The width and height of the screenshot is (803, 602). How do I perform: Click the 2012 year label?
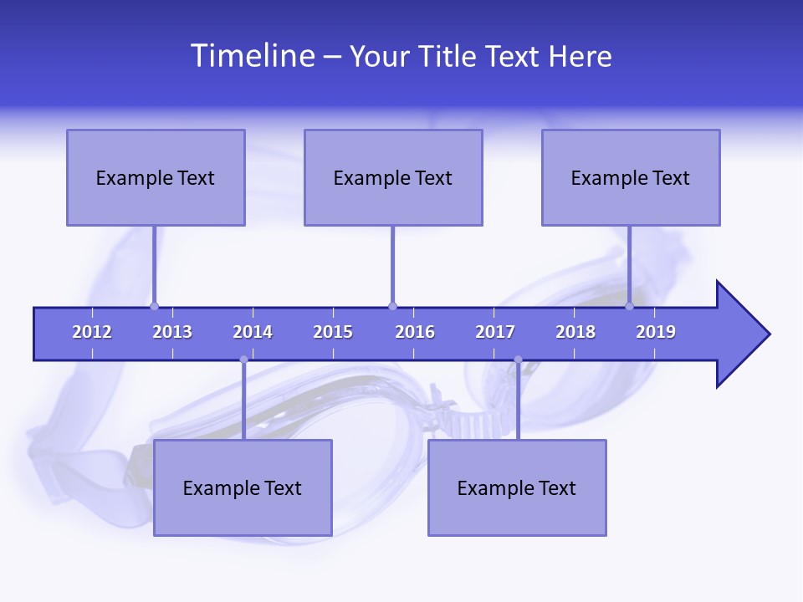[x=92, y=332]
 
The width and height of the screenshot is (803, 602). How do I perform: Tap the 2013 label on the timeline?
[x=172, y=332]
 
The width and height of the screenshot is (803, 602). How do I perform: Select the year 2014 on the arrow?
[x=253, y=332]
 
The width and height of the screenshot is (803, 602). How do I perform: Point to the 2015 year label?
[x=333, y=332]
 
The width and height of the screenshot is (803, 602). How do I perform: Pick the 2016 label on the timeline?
[x=415, y=332]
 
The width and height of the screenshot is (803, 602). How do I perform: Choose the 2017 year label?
[x=495, y=332]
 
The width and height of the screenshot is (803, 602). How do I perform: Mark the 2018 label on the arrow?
[x=575, y=332]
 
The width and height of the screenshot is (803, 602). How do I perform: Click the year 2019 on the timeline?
[x=656, y=332]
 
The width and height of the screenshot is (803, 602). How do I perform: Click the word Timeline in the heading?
[x=252, y=56]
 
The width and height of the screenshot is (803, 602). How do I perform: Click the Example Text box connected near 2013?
[x=156, y=177]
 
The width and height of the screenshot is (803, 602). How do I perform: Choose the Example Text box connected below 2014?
[x=243, y=487]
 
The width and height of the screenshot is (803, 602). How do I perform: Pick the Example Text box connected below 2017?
[x=517, y=487]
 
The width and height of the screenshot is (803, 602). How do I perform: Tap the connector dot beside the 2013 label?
[x=154, y=306]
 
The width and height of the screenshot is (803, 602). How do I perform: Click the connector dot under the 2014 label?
[x=243, y=360]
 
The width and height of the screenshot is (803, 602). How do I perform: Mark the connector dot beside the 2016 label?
[x=392, y=306]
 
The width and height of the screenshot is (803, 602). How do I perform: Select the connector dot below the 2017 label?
[x=518, y=360]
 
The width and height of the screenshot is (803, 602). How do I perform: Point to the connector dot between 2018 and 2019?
[x=630, y=306]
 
